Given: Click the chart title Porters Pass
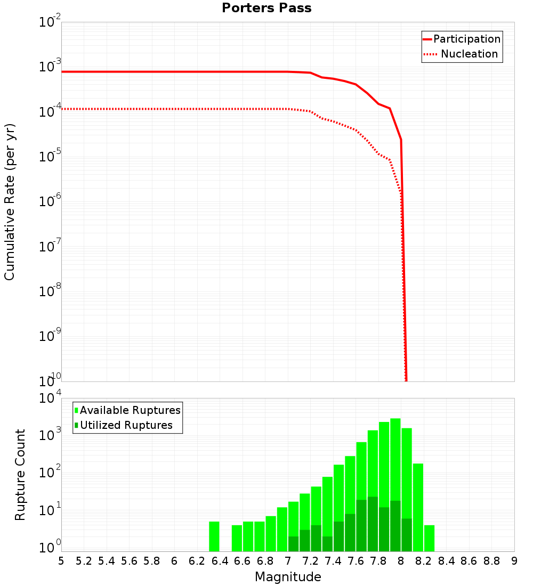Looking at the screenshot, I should tap(266, 8).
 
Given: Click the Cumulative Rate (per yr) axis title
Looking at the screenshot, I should tap(10, 202).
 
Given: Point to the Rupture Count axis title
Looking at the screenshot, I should tap(20, 475).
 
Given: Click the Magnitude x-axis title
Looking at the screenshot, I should tap(288, 577).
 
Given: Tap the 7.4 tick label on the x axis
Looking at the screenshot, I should tap(333, 561).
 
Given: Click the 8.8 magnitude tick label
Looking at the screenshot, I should tap(491, 561).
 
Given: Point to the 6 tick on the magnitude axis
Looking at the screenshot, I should tap(175, 561).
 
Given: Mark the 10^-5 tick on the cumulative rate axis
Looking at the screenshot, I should tap(50, 157).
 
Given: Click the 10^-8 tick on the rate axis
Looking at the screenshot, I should tap(50, 291).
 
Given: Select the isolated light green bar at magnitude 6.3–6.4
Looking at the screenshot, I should tap(214, 536).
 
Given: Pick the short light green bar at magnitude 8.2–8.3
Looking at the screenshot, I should tap(429, 538).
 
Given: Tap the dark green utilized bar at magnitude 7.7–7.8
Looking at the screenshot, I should tap(373, 524).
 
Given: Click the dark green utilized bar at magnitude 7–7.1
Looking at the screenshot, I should tap(293, 544).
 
